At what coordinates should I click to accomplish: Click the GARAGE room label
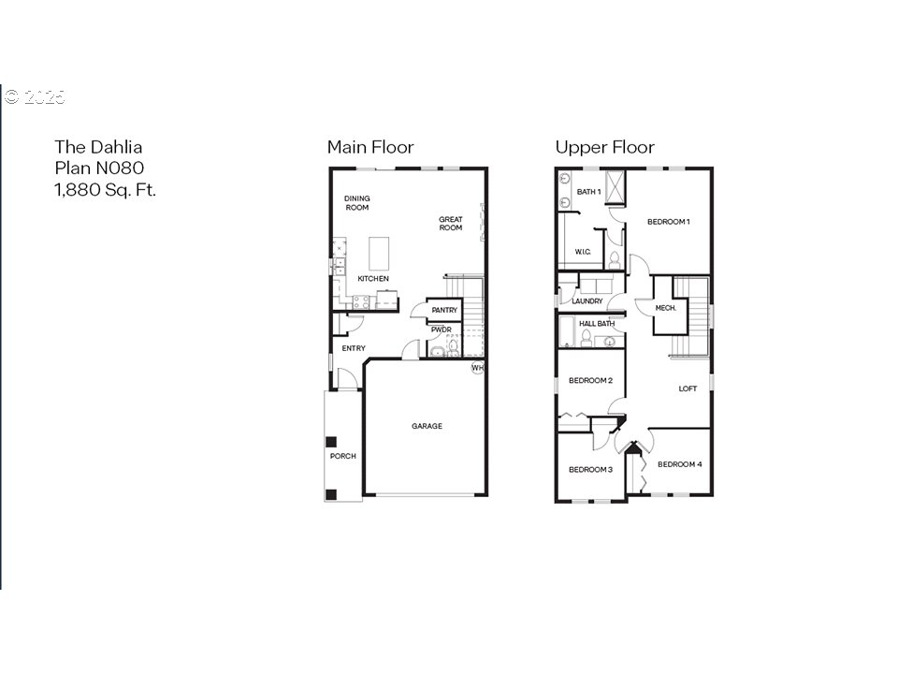click(427, 426)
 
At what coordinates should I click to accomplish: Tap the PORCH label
click(342, 456)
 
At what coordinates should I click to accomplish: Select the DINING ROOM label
click(357, 203)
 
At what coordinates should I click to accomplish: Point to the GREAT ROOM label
click(451, 224)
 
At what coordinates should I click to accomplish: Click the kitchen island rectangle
click(380, 253)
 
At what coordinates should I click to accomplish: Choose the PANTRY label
click(444, 310)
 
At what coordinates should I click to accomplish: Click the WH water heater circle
click(477, 368)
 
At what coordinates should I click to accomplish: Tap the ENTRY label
click(354, 348)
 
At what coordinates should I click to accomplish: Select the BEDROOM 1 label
click(669, 222)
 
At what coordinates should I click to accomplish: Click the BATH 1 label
click(588, 192)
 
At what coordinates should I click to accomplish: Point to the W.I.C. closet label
click(582, 251)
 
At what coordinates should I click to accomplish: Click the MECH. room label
click(665, 308)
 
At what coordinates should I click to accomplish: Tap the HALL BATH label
click(595, 324)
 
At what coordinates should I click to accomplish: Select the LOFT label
click(688, 388)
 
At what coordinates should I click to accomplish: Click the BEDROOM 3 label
click(590, 469)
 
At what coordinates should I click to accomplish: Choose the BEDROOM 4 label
click(679, 464)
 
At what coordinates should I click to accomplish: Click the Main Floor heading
click(369, 147)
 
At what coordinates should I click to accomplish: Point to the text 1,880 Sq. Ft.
click(105, 189)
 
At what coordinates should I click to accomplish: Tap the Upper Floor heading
click(604, 147)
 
